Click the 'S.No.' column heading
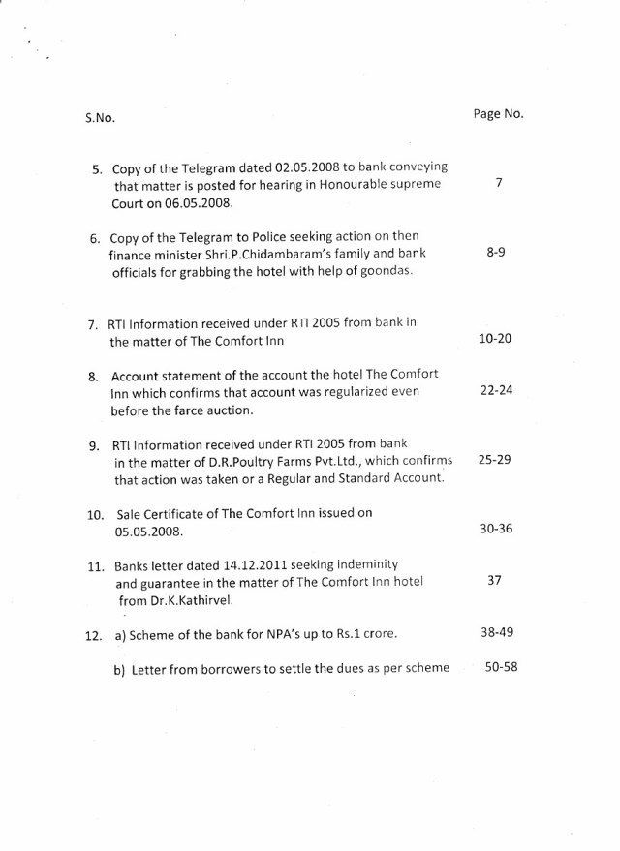click(100, 118)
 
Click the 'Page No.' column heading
click(498, 113)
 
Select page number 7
click(497, 183)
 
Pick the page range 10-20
click(496, 339)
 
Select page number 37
click(495, 581)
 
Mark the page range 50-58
click(500, 668)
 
